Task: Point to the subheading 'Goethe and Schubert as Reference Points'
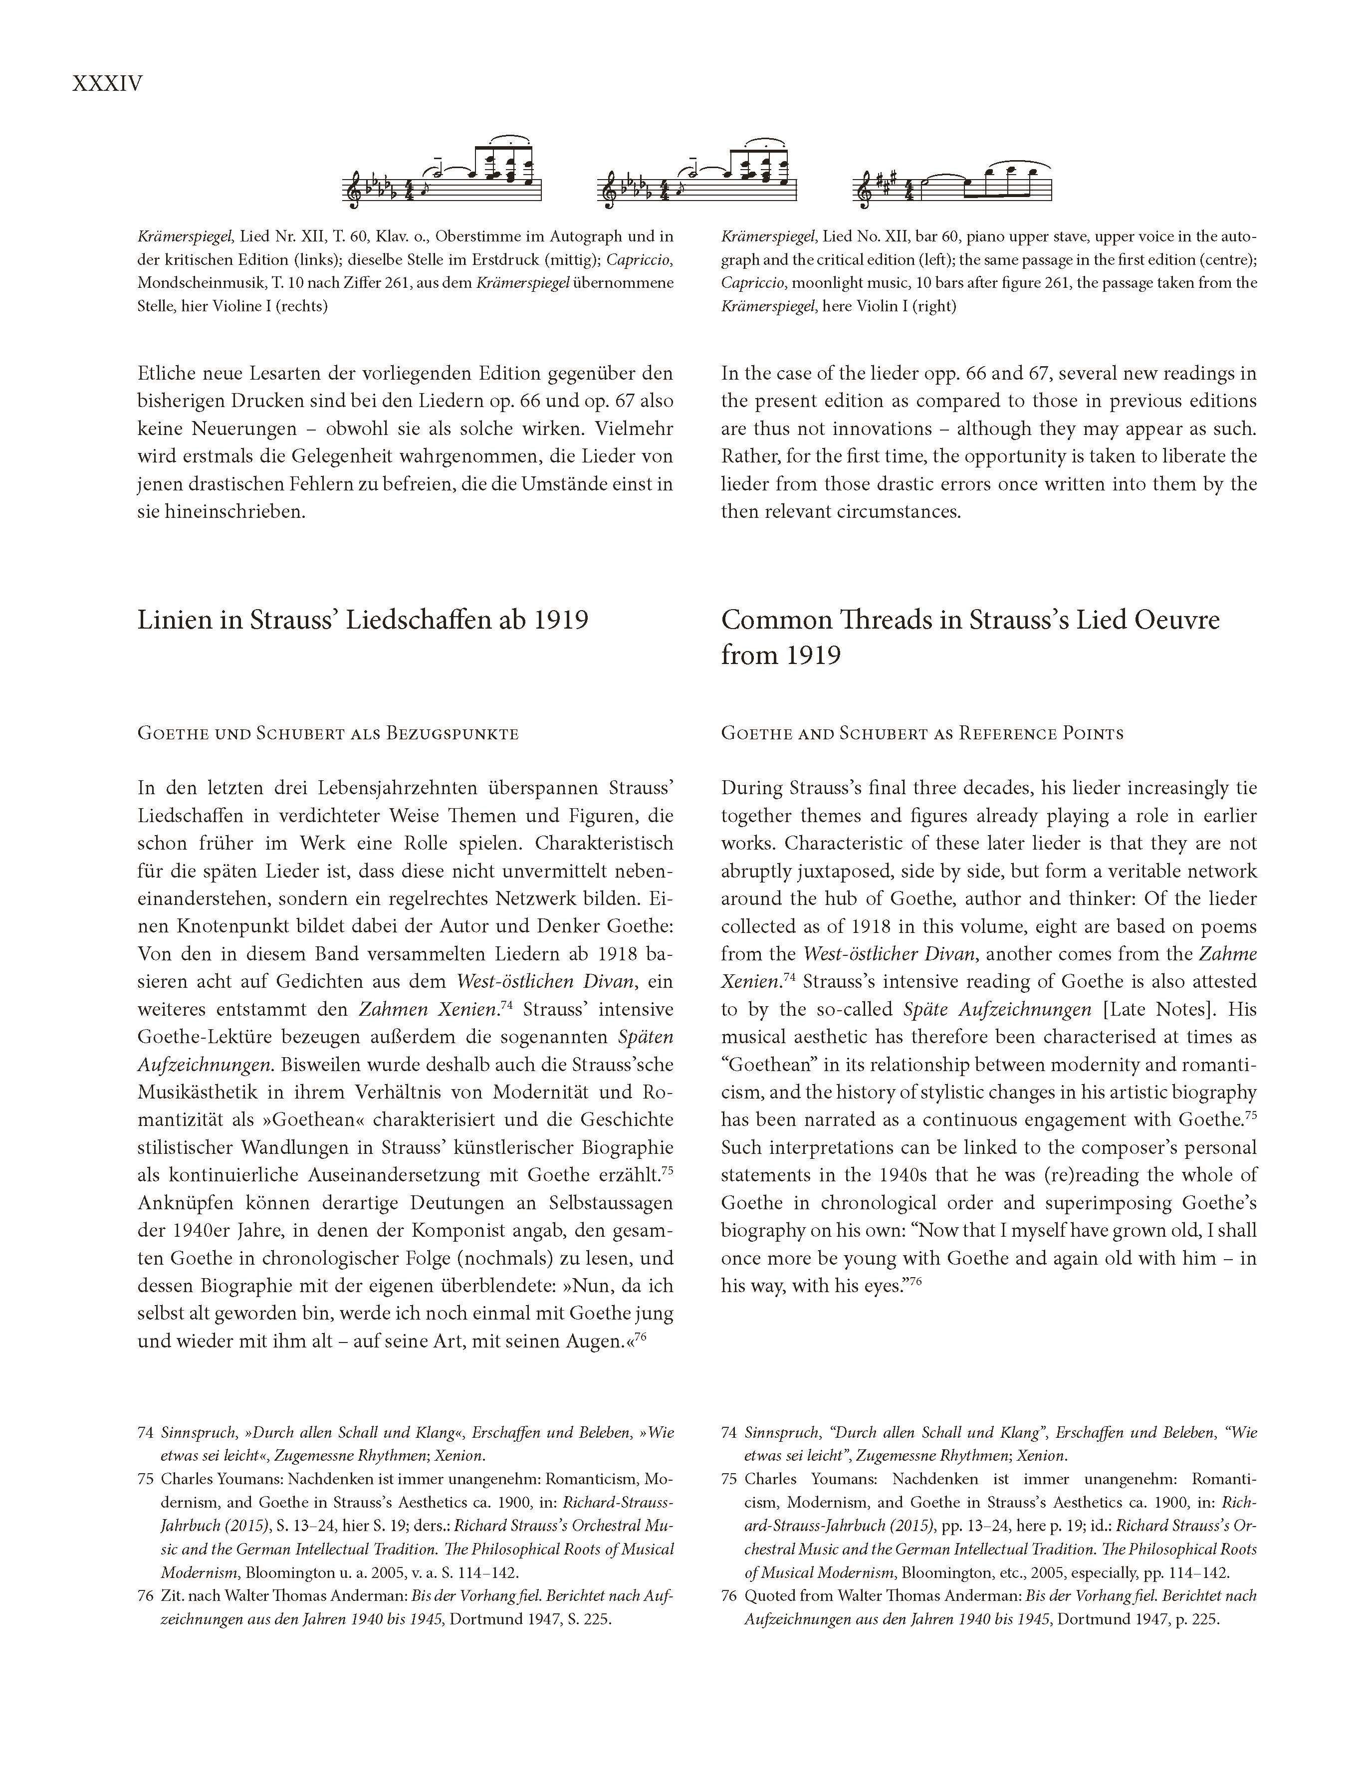pyautogui.click(x=922, y=734)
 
